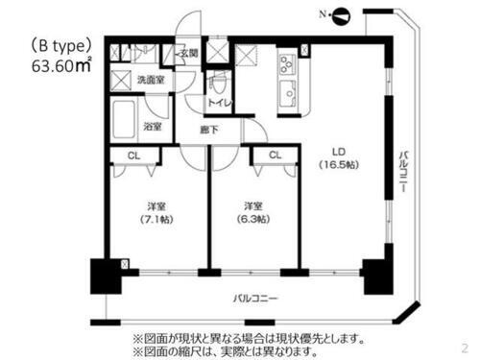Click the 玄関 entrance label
[187, 53]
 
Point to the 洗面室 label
[148, 80]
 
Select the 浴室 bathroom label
[154, 126]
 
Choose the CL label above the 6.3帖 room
[275, 156]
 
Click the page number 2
[466, 348]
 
